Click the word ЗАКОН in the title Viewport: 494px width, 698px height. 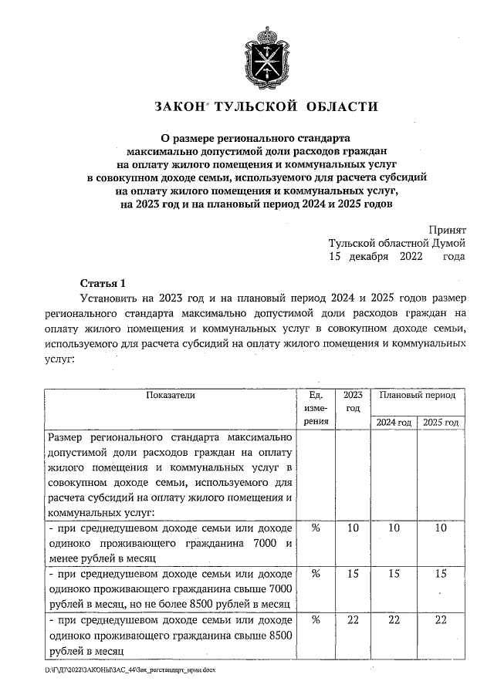179,106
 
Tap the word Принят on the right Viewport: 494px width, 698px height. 447,230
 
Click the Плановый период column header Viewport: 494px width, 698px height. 417,395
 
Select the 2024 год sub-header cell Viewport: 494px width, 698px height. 394,423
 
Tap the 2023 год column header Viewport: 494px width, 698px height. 353,401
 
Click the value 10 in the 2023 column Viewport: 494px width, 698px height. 353,528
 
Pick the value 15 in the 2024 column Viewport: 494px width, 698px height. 394,574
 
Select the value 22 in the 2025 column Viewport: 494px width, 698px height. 441,621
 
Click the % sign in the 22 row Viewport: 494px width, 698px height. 315,621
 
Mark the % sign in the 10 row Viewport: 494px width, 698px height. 315,528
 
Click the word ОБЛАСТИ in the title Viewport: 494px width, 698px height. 341,106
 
